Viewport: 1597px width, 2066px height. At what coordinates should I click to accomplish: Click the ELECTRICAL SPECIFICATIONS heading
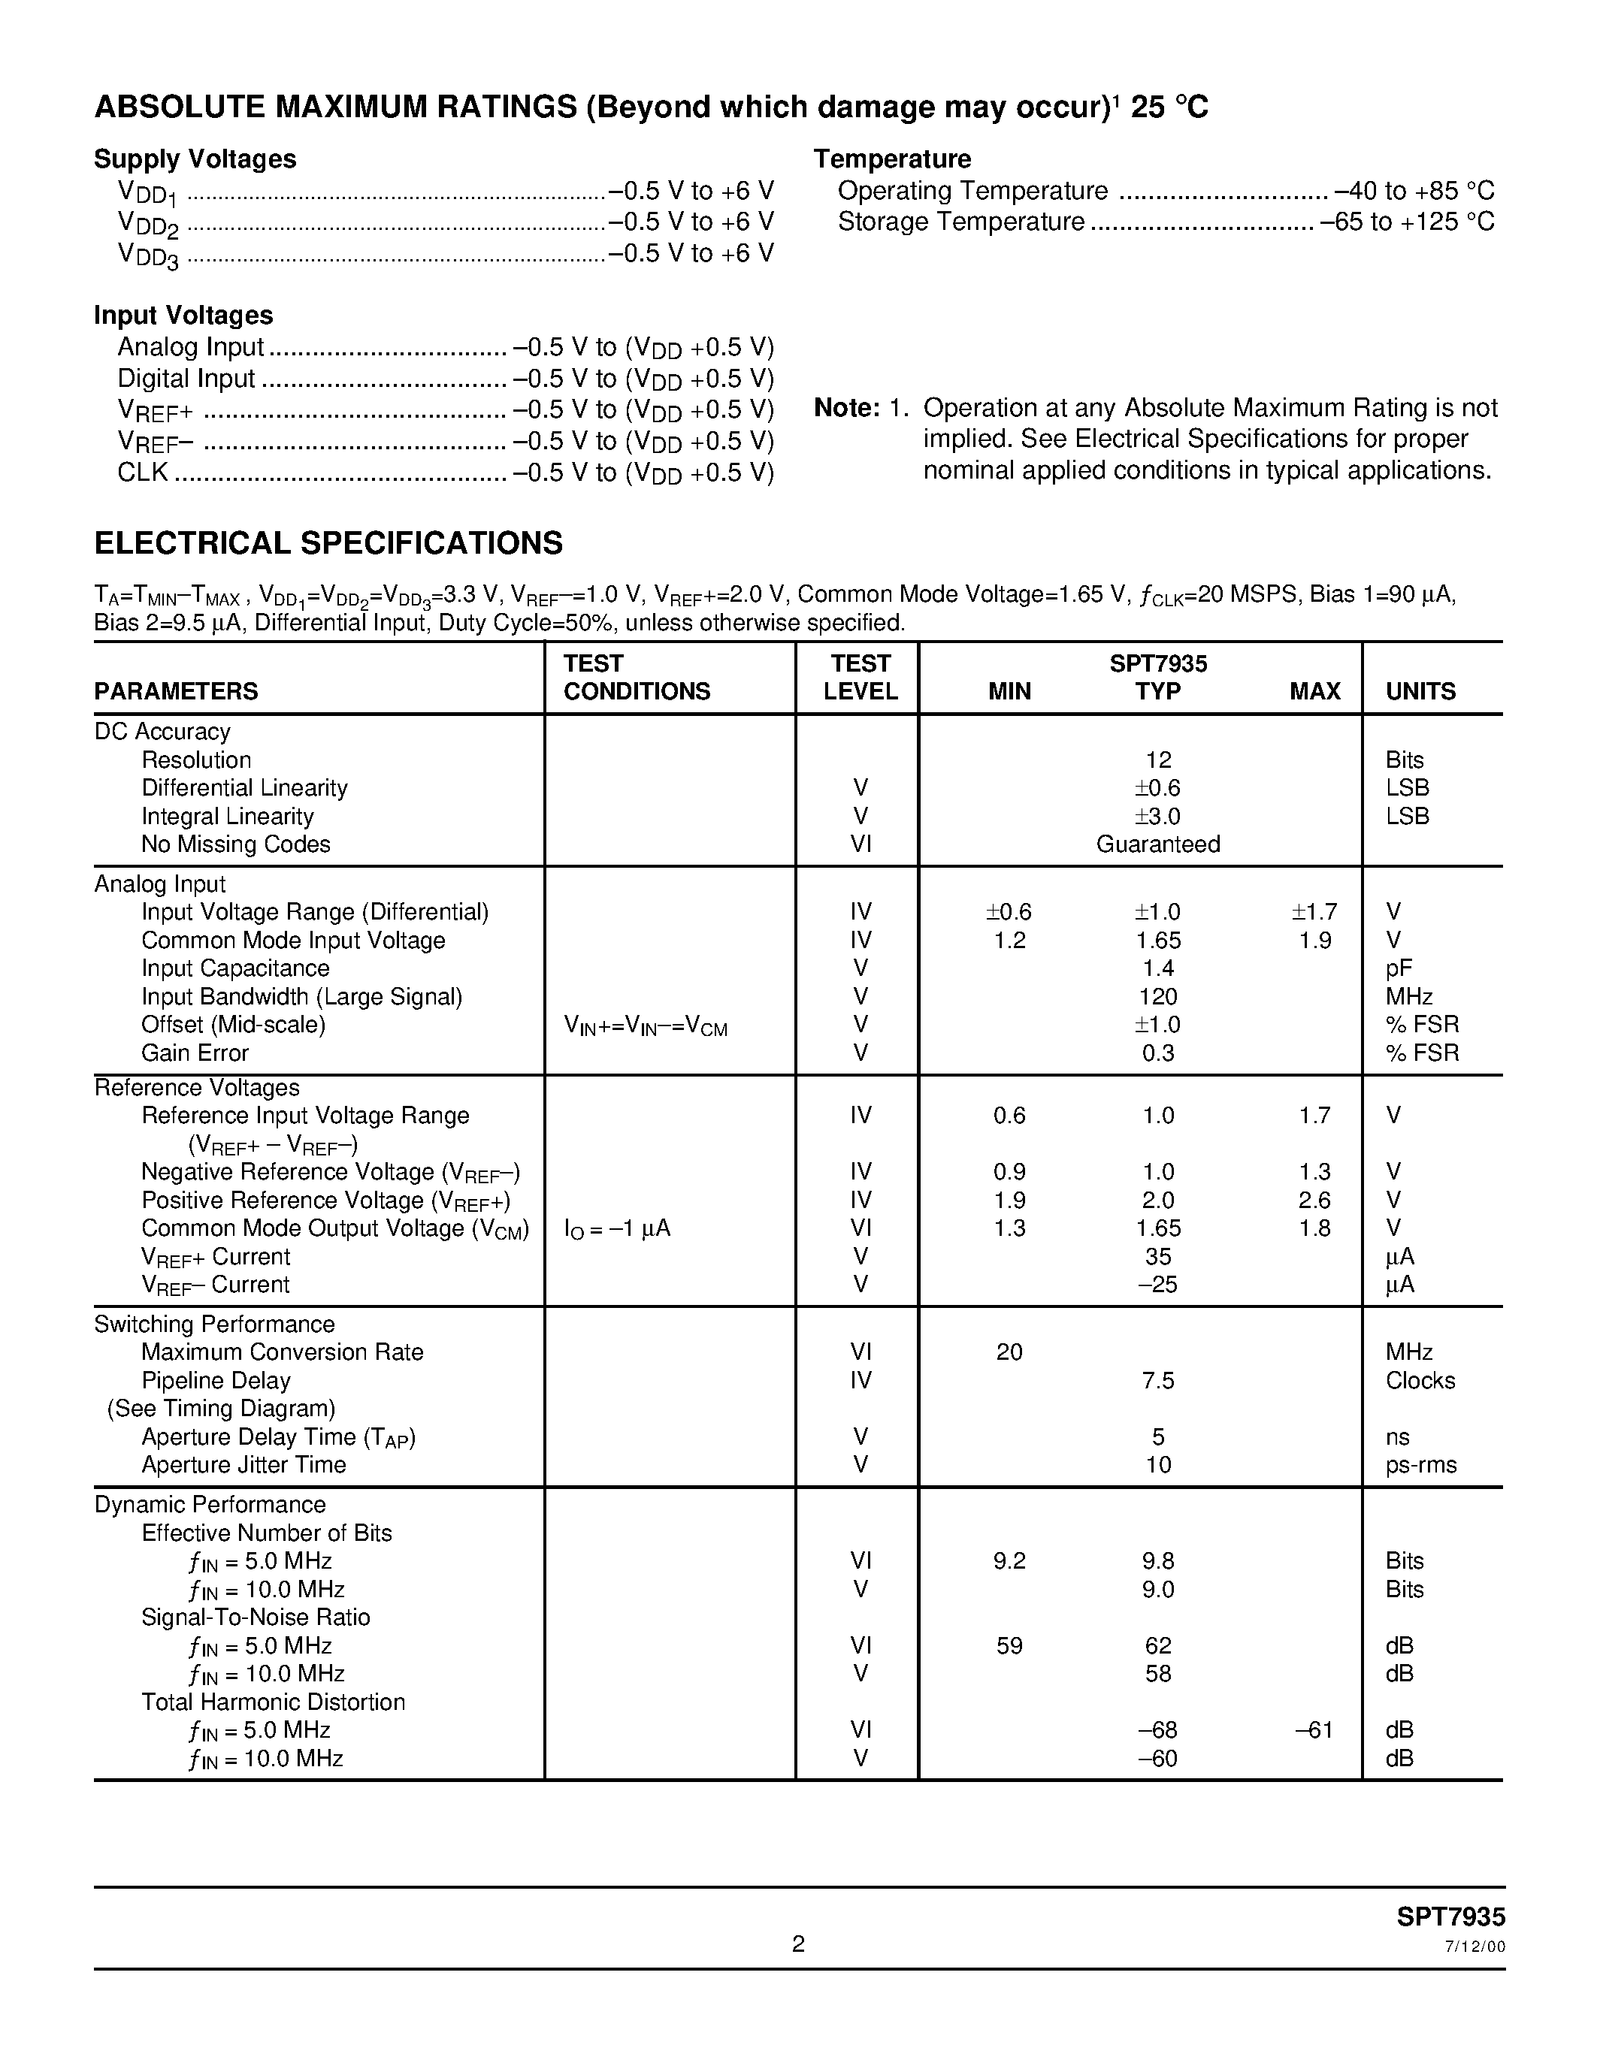click(328, 543)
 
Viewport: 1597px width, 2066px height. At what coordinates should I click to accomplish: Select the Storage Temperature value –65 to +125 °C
click(1407, 222)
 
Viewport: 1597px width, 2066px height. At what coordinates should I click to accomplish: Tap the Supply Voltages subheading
click(195, 159)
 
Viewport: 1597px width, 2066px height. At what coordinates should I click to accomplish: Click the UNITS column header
click(1420, 691)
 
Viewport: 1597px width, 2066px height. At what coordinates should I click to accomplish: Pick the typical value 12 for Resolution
click(1158, 760)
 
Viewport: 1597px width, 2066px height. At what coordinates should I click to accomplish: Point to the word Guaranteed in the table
click(1158, 844)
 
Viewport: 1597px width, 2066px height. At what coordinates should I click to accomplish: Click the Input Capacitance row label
click(235, 968)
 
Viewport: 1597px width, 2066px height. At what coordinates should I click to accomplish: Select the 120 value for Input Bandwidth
click(1158, 997)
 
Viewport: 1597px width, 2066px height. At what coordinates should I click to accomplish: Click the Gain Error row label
click(195, 1053)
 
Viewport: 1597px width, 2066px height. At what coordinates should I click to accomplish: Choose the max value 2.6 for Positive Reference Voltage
click(1315, 1201)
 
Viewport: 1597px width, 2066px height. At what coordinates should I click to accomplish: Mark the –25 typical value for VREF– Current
click(1158, 1285)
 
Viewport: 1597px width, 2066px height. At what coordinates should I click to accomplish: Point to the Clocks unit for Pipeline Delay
click(1420, 1381)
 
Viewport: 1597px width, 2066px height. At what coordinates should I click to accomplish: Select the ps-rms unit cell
click(1421, 1465)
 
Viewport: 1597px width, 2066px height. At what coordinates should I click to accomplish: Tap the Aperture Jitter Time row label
click(244, 1465)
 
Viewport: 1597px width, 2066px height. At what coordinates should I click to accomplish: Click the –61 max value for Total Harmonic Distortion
click(1314, 1730)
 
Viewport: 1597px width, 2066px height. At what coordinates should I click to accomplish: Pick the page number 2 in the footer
click(798, 1944)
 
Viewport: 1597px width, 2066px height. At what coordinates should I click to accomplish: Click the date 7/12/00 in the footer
click(1475, 1947)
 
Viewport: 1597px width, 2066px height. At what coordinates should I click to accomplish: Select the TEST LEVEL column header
click(860, 678)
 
